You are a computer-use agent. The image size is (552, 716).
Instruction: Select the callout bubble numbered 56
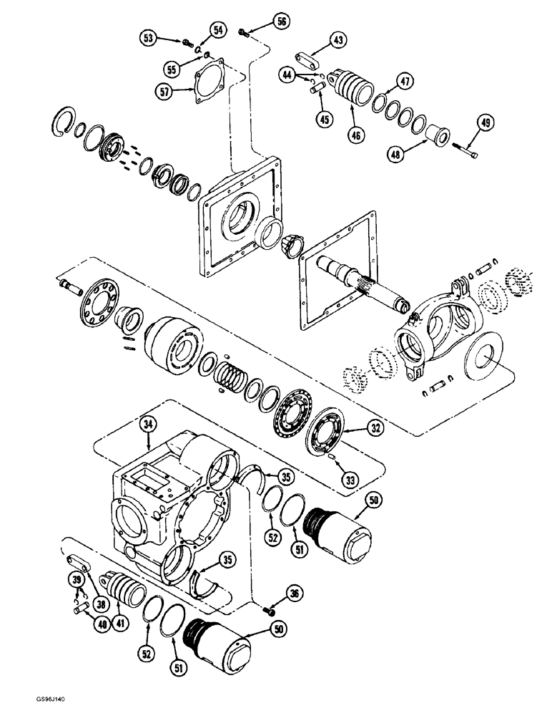click(x=281, y=22)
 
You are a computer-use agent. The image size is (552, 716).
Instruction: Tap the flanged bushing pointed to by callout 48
click(x=435, y=135)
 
